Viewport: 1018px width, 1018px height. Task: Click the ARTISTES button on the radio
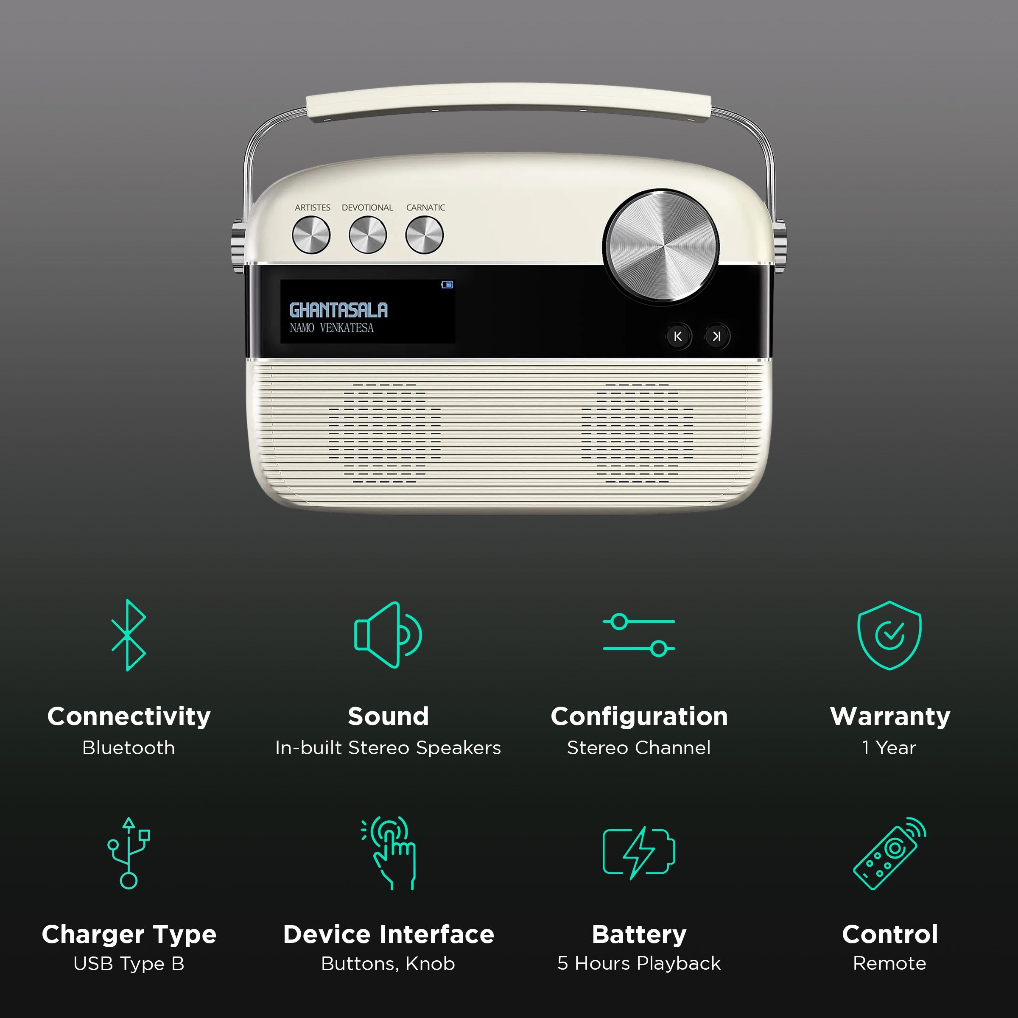pos(311,235)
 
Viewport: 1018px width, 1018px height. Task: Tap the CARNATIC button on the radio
pos(424,235)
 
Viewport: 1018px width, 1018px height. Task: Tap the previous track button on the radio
pos(678,336)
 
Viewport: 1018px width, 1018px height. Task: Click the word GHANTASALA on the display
pos(338,310)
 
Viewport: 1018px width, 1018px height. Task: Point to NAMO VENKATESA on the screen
pos(331,328)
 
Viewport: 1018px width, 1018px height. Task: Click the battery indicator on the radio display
pos(447,285)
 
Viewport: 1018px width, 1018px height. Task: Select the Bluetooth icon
pos(129,635)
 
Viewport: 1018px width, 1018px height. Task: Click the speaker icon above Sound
pos(388,635)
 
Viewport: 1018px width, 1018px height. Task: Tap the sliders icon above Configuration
pos(639,635)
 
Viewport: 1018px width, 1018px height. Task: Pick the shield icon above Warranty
pos(889,635)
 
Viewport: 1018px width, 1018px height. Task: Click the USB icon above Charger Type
pos(129,853)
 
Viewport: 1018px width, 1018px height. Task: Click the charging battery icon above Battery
pos(639,853)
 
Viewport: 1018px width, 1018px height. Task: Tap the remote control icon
pos(889,853)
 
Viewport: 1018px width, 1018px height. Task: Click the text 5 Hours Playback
pos(639,963)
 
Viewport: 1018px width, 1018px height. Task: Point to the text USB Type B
pos(129,964)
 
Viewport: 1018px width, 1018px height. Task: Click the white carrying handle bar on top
pos(509,103)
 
